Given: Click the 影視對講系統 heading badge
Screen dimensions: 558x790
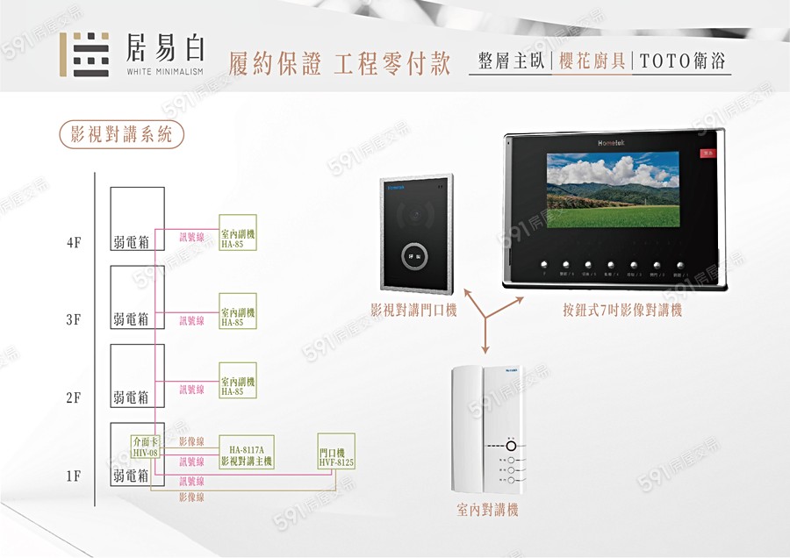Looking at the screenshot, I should click(121, 134).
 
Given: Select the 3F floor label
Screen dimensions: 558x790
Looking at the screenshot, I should click(74, 320).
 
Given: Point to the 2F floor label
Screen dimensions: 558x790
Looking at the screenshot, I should click(74, 398).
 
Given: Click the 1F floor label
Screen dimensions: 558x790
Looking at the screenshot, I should click(74, 476).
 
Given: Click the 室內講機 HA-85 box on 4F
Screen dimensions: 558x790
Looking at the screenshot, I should click(238, 232).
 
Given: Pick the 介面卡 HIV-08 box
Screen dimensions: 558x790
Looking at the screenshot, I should click(145, 447).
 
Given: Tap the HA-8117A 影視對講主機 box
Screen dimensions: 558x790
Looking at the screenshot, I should click(246, 451).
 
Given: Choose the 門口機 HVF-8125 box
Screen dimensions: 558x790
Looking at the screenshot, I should click(336, 451).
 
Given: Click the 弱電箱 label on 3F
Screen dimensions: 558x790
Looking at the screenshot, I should click(130, 320).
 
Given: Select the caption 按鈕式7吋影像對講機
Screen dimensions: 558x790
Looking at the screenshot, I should click(622, 310).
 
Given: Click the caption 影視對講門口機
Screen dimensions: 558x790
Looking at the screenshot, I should click(413, 310).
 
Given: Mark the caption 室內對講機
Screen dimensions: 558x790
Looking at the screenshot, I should click(487, 510).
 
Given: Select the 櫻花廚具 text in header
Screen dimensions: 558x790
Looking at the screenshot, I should click(592, 61).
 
